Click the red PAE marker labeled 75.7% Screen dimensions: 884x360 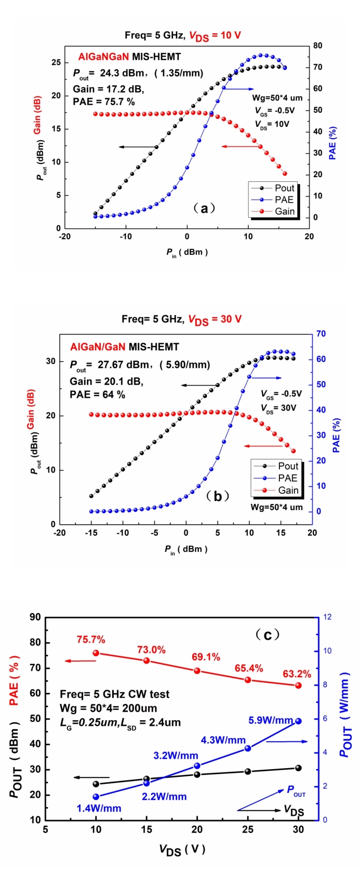pyautogui.click(x=96, y=653)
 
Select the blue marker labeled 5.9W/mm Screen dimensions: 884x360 pyautogui.click(x=298, y=721)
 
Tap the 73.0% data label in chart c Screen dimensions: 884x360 pyautogui.click(x=151, y=650)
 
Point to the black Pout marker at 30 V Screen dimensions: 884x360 pyautogui.click(x=298, y=768)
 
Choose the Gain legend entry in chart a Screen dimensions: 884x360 pyautogui.click(x=284, y=212)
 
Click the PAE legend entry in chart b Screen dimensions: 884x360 pyautogui.click(x=287, y=478)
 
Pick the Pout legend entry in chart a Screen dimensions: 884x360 pyautogui.click(x=284, y=188)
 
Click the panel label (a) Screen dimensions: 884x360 pyautogui.click(x=204, y=208)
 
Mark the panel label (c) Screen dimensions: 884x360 pyautogui.click(x=268, y=635)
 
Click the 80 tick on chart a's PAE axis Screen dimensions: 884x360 pyautogui.click(x=317, y=46)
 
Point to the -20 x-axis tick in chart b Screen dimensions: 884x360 pyautogui.click(x=60, y=533)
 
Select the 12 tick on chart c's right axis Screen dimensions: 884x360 pyautogui.click(x=327, y=617)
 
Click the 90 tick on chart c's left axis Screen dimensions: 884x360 pyautogui.click(x=35, y=617)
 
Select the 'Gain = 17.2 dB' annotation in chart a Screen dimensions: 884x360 pyautogui.click(x=108, y=89)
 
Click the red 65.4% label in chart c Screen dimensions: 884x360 pyautogui.click(x=249, y=668)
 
